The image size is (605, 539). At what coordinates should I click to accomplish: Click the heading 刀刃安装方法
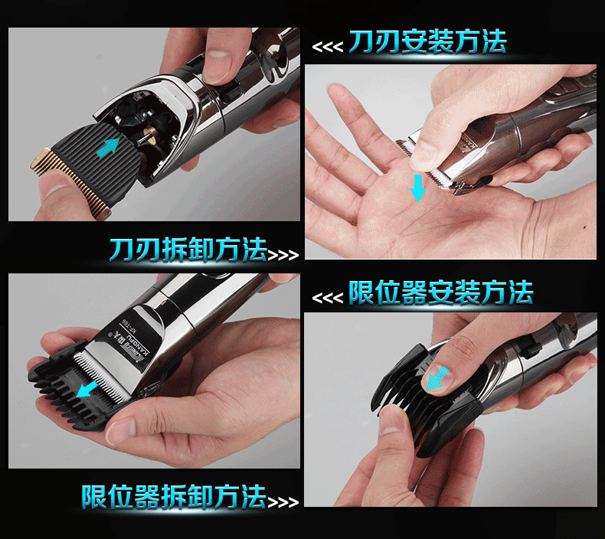pyautogui.click(x=427, y=42)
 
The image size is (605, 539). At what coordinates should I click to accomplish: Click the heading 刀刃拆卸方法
pyautogui.click(x=188, y=250)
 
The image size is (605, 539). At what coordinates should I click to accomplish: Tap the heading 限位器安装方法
pyautogui.click(x=440, y=292)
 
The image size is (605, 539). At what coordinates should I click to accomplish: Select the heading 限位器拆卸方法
pyautogui.click(x=174, y=496)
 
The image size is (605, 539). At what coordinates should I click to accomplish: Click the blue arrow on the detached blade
pyautogui.click(x=108, y=146)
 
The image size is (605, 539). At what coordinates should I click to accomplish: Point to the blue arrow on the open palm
pyautogui.click(x=417, y=186)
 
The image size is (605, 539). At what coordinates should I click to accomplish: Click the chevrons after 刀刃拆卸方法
pyautogui.click(x=283, y=253)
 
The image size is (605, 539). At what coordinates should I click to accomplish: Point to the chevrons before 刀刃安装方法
pyautogui.click(x=327, y=47)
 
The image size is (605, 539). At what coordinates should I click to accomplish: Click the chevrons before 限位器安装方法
pyautogui.click(x=327, y=297)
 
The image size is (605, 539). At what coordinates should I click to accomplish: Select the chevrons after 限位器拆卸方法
pyautogui.click(x=283, y=501)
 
